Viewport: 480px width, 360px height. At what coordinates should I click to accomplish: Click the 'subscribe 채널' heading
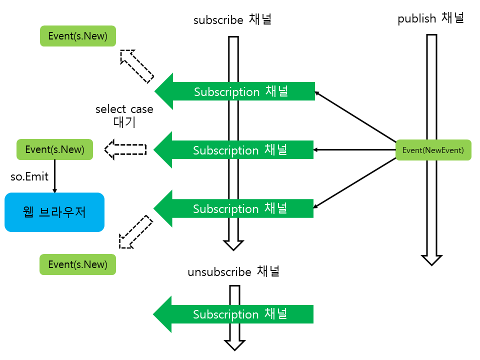[x=232, y=20]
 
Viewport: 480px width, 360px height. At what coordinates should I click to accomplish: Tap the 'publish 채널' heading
[x=431, y=19]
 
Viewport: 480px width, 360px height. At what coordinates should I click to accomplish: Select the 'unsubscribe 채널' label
[x=233, y=272]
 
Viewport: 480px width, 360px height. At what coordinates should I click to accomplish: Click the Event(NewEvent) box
[x=433, y=150]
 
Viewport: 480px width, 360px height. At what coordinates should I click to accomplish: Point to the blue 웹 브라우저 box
[x=54, y=212]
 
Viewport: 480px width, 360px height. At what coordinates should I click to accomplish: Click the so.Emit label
[x=30, y=176]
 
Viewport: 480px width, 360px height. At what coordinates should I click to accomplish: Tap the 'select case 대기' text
[x=124, y=115]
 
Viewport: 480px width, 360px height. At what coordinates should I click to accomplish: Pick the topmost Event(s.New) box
[x=77, y=36]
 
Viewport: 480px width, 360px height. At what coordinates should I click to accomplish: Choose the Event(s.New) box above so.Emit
[x=54, y=149]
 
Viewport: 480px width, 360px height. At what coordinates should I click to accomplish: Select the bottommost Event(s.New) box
[x=77, y=264]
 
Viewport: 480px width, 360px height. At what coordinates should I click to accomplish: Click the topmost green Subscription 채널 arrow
[x=234, y=91]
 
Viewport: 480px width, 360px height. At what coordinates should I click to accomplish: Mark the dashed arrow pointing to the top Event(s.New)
[x=136, y=65]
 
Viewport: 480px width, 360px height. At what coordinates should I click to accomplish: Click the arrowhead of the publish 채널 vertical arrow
[x=431, y=259]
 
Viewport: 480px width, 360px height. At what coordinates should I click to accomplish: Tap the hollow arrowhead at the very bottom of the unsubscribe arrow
[x=234, y=344]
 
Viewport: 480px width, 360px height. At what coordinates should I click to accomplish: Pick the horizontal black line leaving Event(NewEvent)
[x=355, y=149]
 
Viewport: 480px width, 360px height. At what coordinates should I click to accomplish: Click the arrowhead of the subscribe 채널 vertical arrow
[x=233, y=244]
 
